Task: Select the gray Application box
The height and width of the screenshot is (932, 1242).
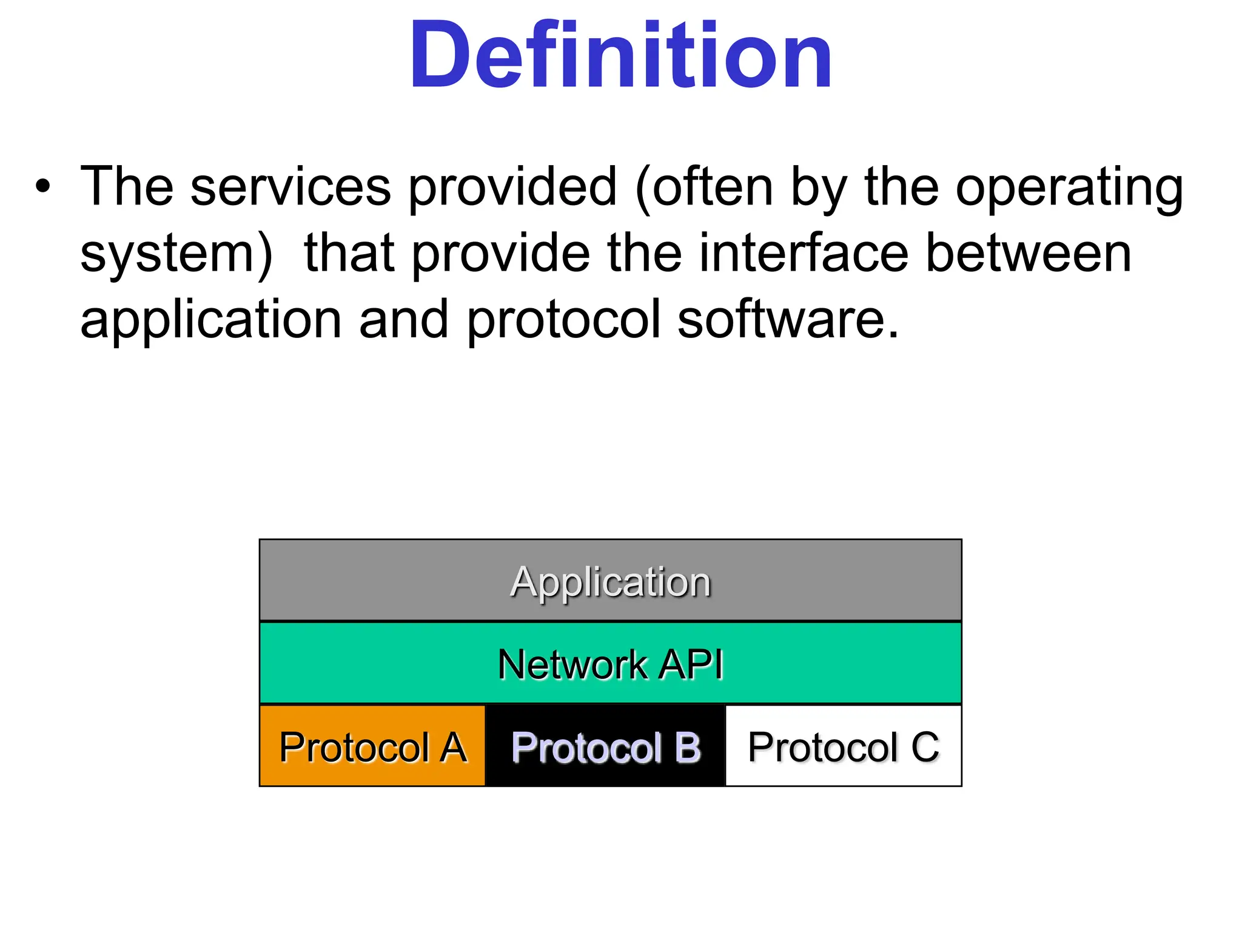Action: [610, 580]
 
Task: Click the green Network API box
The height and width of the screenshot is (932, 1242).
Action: [610, 663]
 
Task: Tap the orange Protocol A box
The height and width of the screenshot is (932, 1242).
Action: [372, 746]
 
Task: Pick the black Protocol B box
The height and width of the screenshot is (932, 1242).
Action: [605, 746]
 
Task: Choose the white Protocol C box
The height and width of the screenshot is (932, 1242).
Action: [843, 746]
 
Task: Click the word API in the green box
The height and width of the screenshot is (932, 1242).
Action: [691, 664]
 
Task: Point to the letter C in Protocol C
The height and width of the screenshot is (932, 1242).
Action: [924, 747]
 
